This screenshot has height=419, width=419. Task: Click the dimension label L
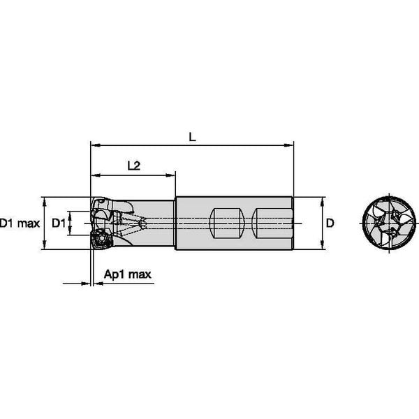tap(193, 138)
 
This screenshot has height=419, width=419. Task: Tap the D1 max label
tap(19, 223)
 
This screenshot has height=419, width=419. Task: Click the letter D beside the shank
tap(331, 223)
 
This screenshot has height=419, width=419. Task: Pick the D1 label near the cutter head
tap(59, 223)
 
